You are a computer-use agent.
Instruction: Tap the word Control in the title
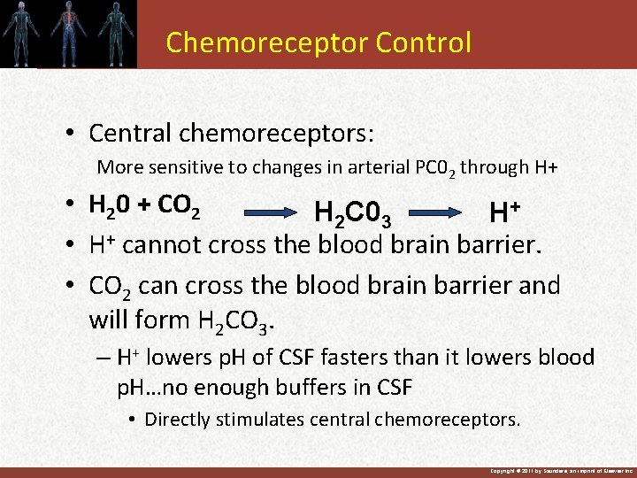point(424,42)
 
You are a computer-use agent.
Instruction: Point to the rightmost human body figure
point(113,34)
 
